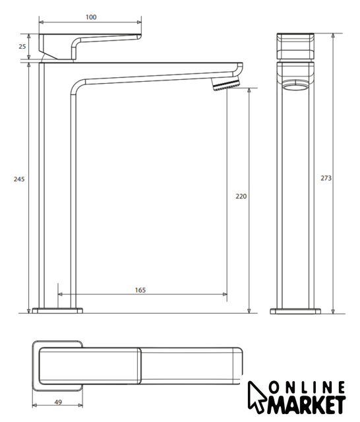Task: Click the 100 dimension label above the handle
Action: tap(91, 17)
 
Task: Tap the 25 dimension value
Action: tap(22, 47)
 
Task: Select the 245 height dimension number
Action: tap(19, 179)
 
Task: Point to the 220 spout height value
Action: tap(241, 196)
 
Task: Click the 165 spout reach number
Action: tap(140, 290)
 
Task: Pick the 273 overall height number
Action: tap(326, 178)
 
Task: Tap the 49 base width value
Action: tap(58, 402)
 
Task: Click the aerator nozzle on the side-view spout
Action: tap(225, 84)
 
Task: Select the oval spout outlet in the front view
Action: tap(295, 87)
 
